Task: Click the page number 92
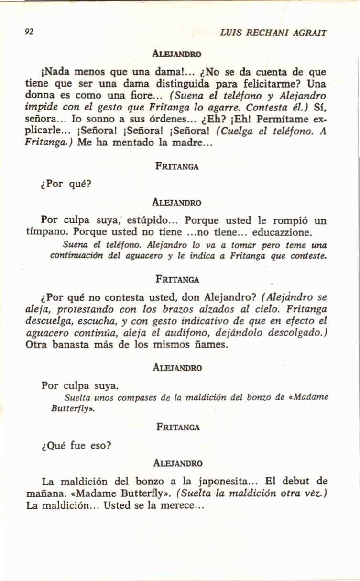pos(29,32)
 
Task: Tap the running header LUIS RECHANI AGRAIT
pos(273,33)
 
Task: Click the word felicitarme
pos(271,84)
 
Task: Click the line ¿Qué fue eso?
pos(76,445)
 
